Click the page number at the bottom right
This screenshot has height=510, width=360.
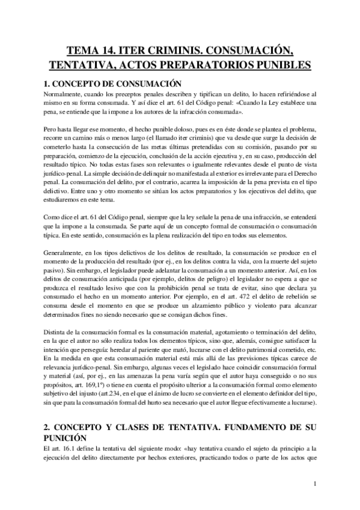[x=316, y=484]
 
